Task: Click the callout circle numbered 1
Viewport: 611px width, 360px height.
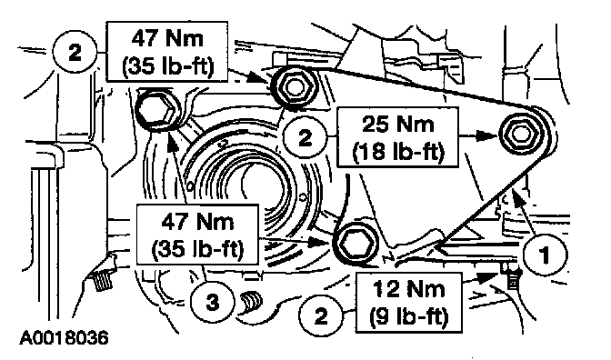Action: (x=546, y=255)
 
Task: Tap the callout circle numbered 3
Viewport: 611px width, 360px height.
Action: (x=212, y=302)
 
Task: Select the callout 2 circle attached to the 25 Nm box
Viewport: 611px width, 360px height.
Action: (x=305, y=137)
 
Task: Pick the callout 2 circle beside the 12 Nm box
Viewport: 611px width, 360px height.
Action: (x=320, y=315)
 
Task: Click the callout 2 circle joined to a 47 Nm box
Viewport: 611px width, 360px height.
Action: (x=74, y=52)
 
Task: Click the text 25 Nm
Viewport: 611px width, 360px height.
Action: (x=398, y=125)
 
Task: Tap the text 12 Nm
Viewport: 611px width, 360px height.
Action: (x=409, y=289)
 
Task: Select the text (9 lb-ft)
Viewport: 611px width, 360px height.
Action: (x=409, y=315)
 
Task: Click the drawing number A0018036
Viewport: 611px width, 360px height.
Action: (x=64, y=338)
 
